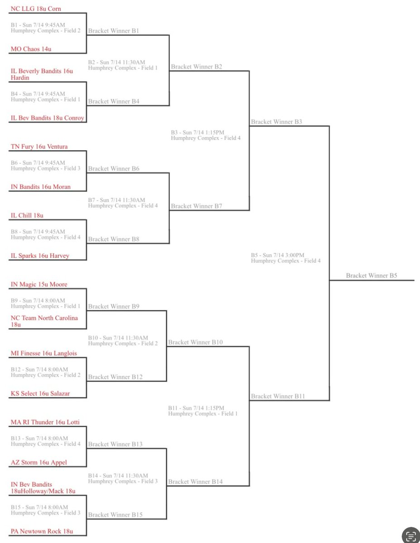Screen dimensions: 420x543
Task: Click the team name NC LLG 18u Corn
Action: [x=36, y=9]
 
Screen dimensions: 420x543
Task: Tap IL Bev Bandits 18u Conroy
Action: [x=48, y=118]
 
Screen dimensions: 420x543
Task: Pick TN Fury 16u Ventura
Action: [x=42, y=147]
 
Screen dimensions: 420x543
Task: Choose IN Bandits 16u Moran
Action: [x=41, y=186]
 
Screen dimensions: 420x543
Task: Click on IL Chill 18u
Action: [x=27, y=215]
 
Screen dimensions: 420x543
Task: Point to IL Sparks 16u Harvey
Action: [x=40, y=256]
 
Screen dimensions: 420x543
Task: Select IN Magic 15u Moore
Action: [x=39, y=284]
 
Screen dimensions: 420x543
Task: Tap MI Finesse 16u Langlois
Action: [x=44, y=353]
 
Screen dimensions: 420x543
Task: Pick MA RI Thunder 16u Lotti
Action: [x=45, y=422]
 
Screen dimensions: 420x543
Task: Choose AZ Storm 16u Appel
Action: [x=39, y=462]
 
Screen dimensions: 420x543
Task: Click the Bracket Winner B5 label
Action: [x=372, y=275]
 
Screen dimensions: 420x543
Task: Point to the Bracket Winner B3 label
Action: [x=277, y=122]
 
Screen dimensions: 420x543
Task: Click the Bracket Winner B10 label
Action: [x=195, y=342]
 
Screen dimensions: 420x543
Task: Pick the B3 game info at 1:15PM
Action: [x=197, y=132]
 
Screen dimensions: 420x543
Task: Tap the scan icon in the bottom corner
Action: [x=411, y=535]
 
